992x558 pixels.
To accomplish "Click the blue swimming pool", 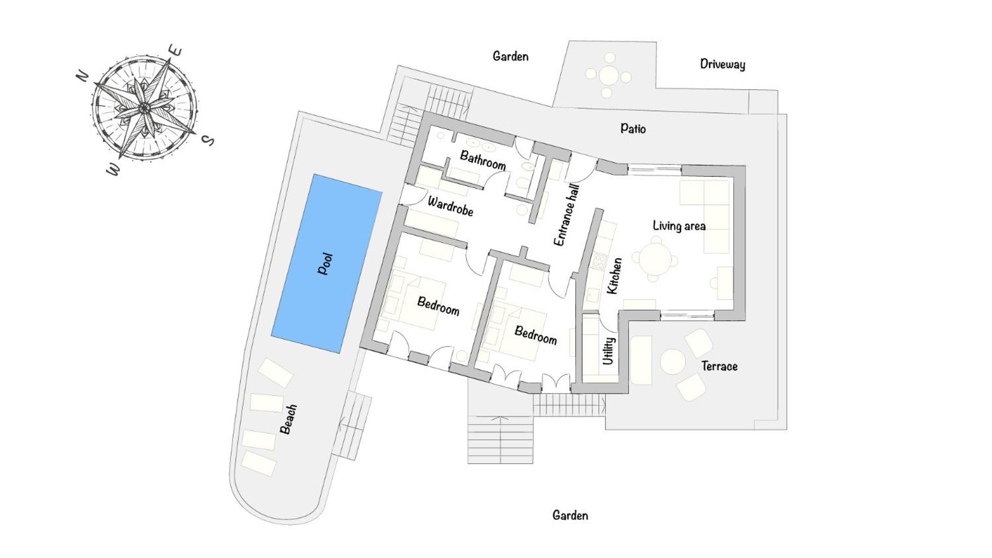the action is tap(327, 263).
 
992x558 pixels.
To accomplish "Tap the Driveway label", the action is tap(722, 64).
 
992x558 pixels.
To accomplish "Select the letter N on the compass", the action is tap(83, 75).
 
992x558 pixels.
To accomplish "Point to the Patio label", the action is tap(633, 128).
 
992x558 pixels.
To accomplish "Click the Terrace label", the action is tap(719, 366).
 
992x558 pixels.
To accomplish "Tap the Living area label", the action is tap(679, 226).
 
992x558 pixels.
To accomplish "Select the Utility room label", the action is tap(609, 351).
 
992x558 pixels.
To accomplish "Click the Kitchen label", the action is tap(614, 276).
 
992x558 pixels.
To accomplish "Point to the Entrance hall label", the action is tap(566, 215).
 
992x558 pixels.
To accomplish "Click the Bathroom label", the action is tap(483, 160).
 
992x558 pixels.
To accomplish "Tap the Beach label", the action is tap(288, 419).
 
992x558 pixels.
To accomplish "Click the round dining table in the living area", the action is tap(655, 259).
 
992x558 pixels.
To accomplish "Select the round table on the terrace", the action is tap(673, 362).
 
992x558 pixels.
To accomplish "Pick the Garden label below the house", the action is tap(570, 515).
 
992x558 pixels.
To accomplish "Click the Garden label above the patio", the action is tap(511, 56).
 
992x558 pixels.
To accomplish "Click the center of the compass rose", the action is tap(144, 107).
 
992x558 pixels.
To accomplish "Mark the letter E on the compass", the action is tap(176, 51).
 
